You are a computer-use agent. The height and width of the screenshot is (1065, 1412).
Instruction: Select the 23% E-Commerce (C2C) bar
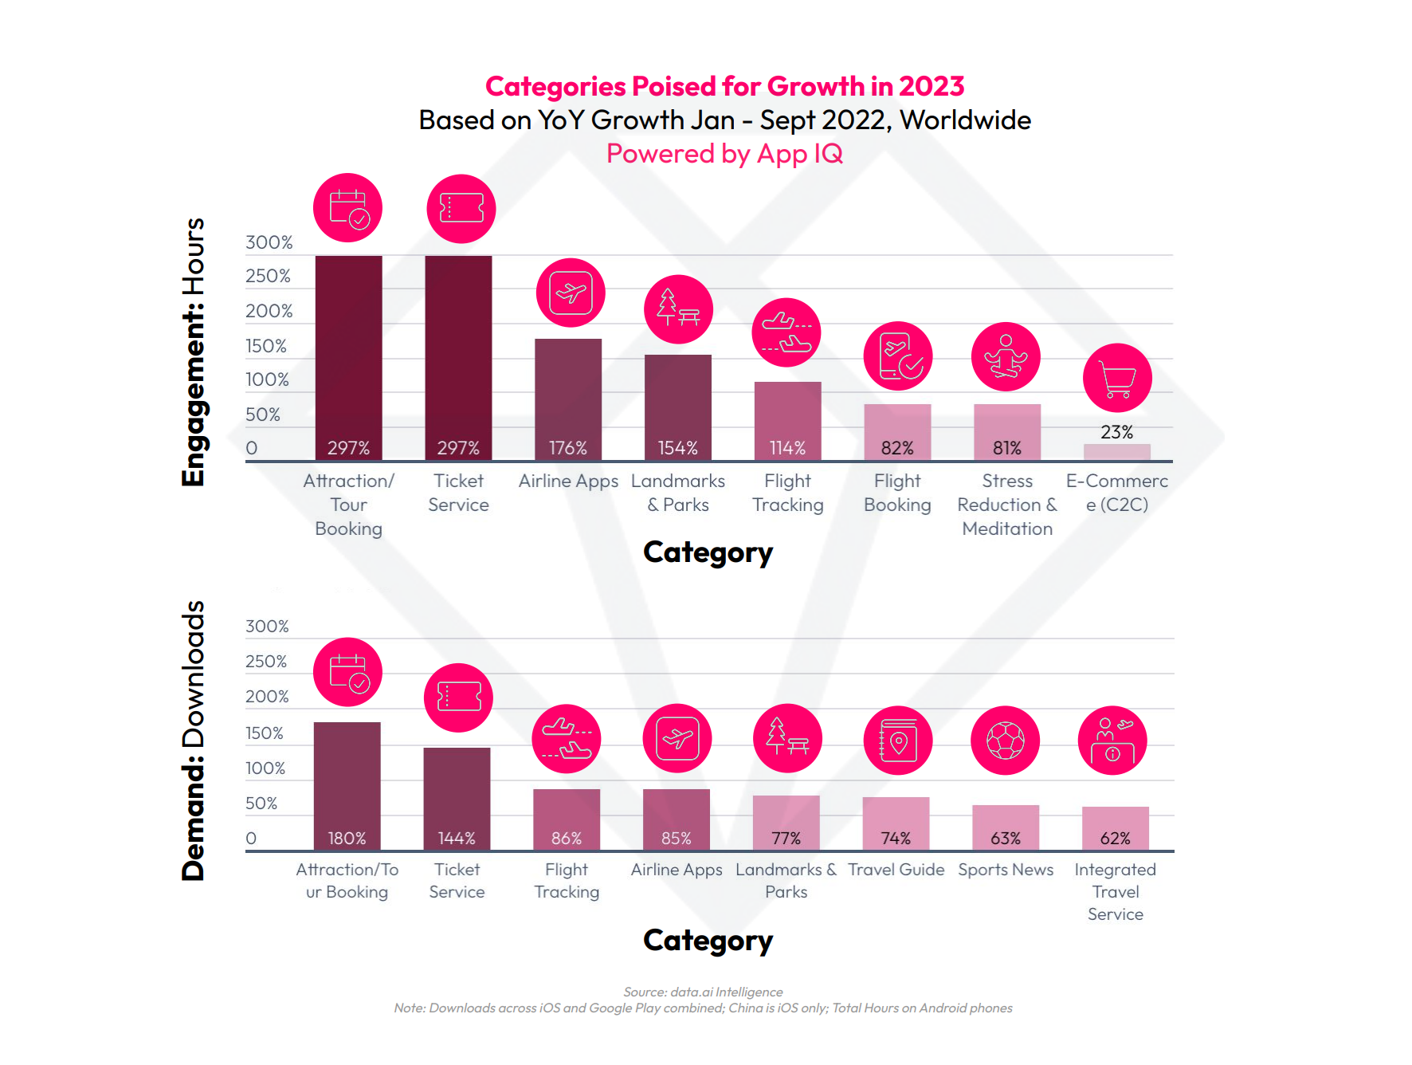[x=1116, y=452]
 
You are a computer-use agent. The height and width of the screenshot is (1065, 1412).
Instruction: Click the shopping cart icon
[x=1117, y=378]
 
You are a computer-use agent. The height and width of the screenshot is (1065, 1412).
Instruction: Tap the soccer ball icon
[x=1006, y=741]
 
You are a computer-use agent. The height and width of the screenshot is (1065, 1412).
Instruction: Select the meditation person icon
[x=1006, y=356]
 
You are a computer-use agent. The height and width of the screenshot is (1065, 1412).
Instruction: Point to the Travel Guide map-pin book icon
[x=898, y=741]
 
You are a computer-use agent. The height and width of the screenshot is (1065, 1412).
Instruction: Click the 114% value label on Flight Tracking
[x=787, y=448]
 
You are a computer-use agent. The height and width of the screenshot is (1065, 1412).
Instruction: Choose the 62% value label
[x=1115, y=839]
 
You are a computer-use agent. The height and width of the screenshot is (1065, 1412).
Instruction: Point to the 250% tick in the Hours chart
[x=268, y=276]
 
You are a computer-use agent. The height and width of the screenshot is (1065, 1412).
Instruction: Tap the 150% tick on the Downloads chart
[x=264, y=733]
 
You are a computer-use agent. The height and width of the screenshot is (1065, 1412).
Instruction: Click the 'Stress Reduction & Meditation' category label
[x=1007, y=505]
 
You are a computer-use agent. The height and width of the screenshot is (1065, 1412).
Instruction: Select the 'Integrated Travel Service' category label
[x=1115, y=892]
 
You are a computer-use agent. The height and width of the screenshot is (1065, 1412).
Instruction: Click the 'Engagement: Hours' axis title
[x=194, y=352]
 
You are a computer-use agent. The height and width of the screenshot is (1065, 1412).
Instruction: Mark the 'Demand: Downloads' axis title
[x=194, y=741]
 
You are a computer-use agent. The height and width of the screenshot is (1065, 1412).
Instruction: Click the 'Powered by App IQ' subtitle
[x=724, y=153]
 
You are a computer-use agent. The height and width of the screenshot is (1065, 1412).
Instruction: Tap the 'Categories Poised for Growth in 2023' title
[x=724, y=86]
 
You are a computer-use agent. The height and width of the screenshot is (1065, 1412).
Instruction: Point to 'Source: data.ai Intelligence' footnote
[x=703, y=992]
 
